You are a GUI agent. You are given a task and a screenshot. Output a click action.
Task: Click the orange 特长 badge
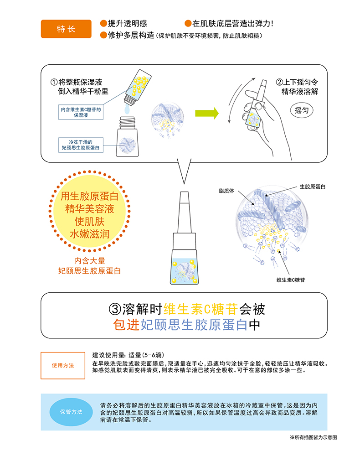point(66,29)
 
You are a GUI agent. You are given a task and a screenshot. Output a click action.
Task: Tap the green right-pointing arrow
point(206,113)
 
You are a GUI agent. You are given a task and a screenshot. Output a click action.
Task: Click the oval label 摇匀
point(302,110)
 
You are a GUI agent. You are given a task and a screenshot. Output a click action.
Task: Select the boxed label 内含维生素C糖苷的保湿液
point(81,112)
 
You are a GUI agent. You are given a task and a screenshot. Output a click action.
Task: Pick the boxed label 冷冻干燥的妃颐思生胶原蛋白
point(81,145)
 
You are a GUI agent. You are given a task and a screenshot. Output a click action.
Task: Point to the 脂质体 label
point(226,191)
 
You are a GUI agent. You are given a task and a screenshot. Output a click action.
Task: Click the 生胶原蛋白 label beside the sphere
point(312,187)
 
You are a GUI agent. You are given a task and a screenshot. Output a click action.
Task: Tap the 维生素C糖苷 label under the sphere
point(291,280)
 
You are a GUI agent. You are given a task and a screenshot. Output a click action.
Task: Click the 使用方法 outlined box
point(63,366)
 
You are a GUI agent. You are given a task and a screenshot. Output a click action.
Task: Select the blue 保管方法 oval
point(71,412)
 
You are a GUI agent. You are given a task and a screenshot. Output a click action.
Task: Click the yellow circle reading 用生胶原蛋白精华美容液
point(89,212)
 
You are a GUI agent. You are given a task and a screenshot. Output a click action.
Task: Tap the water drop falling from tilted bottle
point(127,109)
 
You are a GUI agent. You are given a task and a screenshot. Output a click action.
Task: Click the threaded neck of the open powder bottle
point(128,122)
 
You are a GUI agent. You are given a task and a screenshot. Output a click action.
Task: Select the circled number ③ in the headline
point(115,309)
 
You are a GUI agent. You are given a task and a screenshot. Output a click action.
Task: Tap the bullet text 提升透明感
point(127,23)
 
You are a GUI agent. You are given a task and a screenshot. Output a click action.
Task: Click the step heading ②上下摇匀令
point(297,82)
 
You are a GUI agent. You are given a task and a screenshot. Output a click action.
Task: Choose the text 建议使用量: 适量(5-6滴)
point(128,355)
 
